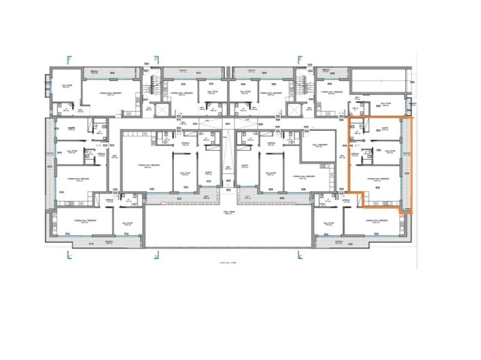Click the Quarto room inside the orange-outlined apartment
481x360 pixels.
(x=386, y=131)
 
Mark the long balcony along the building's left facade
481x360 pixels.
(x=48, y=164)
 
